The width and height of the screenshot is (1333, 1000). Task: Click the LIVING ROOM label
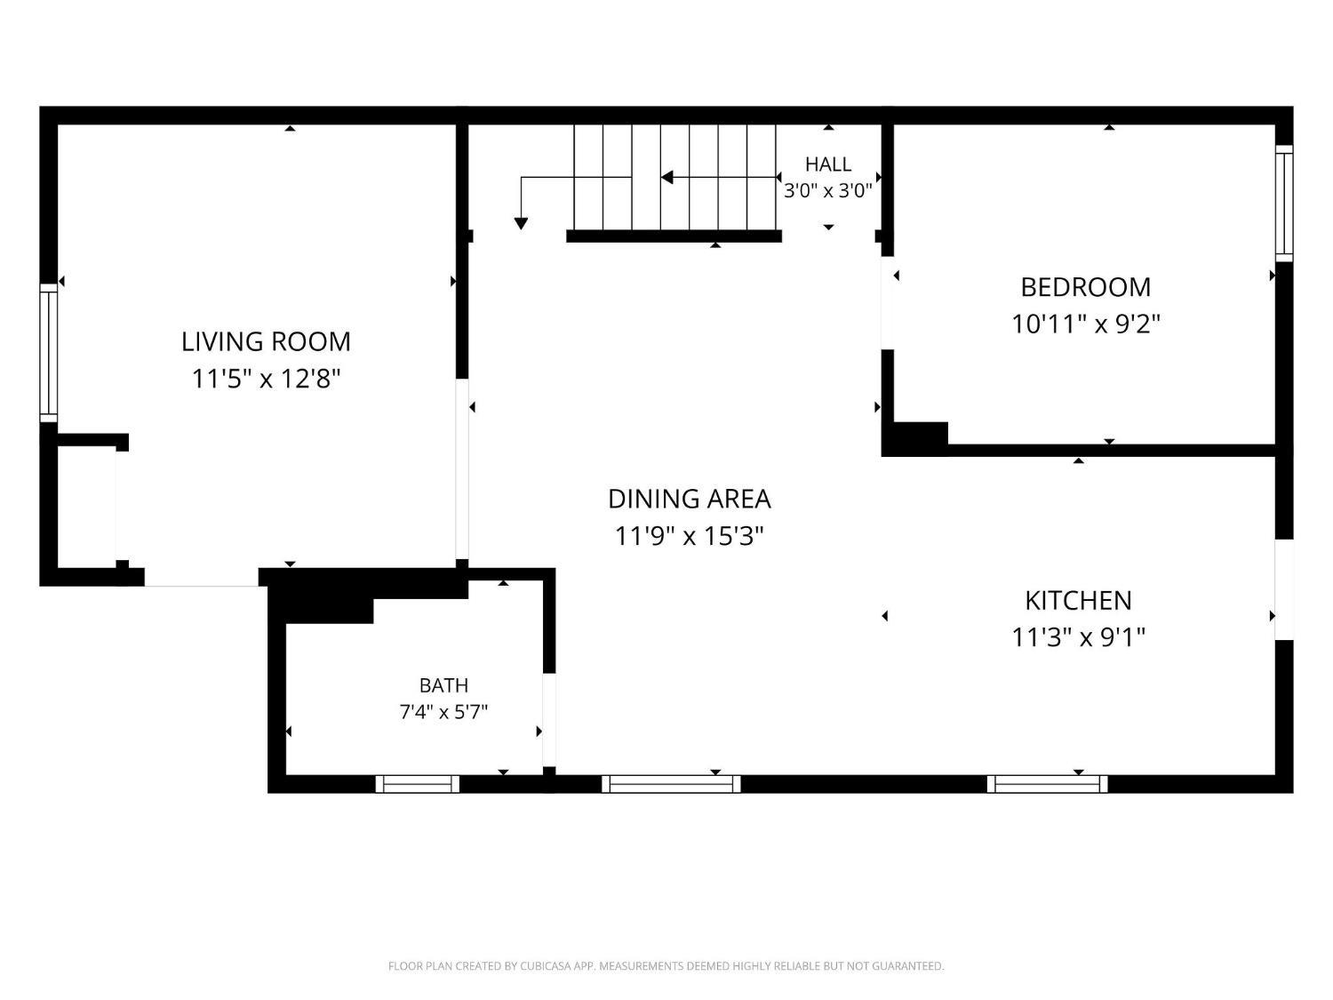tap(266, 342)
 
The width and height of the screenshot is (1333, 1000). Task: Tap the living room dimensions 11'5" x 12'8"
tap(266, 379)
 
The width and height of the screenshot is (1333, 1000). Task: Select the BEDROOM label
tap(1085, 287)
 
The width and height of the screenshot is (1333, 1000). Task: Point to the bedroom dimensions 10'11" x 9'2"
tap(1085, 324)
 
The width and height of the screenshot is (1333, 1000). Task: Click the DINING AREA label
tap(690, 499)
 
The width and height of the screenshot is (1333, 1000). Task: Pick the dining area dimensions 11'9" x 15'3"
tap(690, 536)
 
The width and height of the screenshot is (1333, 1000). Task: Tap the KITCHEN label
tap(1078, 601)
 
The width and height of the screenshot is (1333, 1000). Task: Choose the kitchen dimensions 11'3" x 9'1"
tap(1078, 637)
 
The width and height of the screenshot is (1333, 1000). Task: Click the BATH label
tap(444, 685)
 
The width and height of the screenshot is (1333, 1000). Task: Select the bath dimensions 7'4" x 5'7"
tap(444, 712)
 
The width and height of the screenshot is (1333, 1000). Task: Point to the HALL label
tap(827, 164)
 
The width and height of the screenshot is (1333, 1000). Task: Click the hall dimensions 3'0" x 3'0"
tap(827, 191)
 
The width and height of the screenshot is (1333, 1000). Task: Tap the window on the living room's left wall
tap(49, 352)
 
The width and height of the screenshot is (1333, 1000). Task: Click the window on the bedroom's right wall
tap(1284, 204)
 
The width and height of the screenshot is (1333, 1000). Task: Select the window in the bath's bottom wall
tap(418, 784)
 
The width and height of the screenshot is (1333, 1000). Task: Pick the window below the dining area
tap(671, 784)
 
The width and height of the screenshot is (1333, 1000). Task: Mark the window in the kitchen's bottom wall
tap(1047, 784)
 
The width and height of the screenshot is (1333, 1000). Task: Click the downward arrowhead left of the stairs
tap(521, 223)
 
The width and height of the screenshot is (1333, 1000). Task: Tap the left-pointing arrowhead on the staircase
tap(666, 177)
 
